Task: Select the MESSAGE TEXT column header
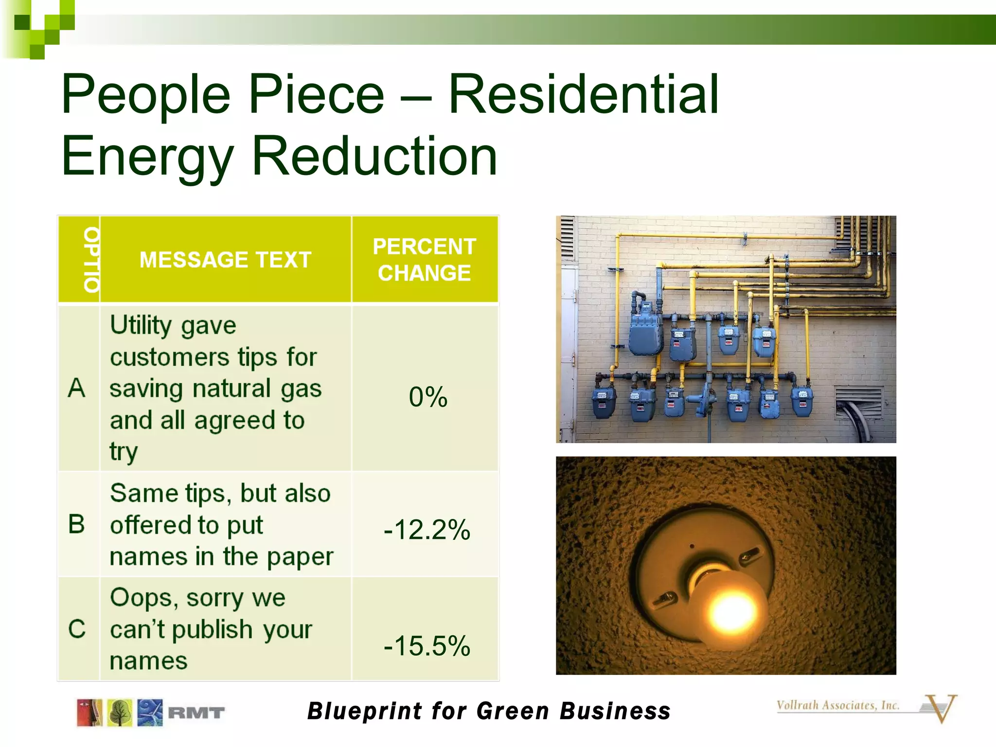point(225,260)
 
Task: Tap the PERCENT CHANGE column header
point(424,260)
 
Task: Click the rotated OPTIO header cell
point(91,260)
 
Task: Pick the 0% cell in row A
point(427,397)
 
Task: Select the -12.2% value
point(427,530)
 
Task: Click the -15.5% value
point(427,646)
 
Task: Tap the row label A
point(77,388)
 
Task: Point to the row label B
point(77,524)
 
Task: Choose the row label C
point(77,629)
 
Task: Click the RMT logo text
point(196,713)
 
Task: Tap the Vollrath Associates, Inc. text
point(837,705)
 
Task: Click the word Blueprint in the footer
point(365,711)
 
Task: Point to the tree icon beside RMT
point(120,713)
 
